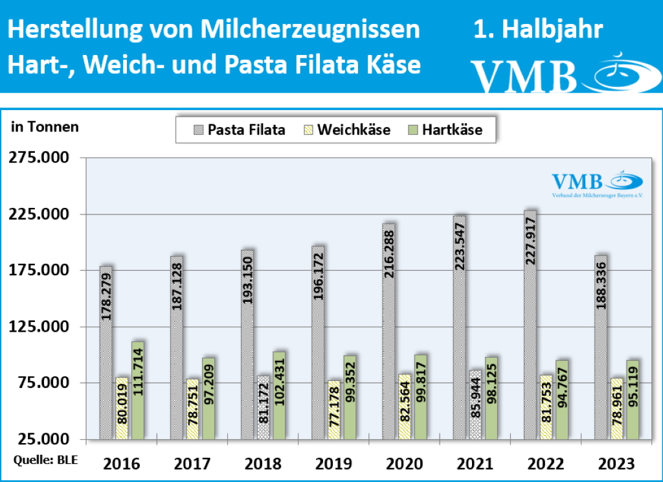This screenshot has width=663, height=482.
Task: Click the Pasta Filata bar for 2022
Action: pos(530,324)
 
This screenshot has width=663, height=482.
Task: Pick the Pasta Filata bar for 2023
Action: pos(601,347)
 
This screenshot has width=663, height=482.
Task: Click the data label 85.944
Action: pos(476,402)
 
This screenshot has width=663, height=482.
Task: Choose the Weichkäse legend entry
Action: pos(346,130)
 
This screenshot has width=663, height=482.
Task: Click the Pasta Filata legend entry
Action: pos(238,130)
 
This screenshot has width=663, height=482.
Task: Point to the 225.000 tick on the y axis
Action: pos(39,214)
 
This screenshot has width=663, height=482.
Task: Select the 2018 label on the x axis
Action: pos(264,464)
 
